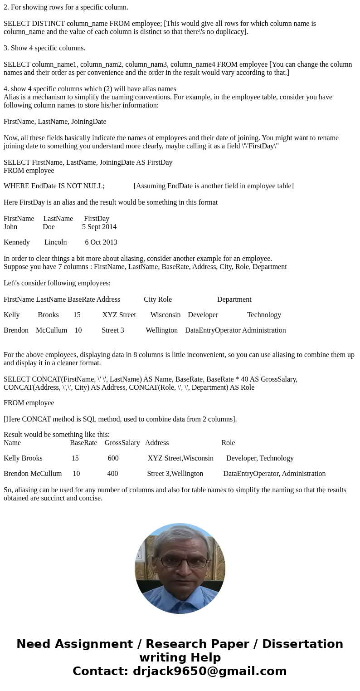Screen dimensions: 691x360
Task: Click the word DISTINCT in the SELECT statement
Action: (x=48, y=23)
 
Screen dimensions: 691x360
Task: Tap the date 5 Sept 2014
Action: (x=99, y=226)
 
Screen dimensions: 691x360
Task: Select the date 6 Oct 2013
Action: (x=101, y=242)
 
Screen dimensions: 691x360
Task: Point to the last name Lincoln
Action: (x=55, y=242)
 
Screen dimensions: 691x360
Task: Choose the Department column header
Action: (x=234, y=299)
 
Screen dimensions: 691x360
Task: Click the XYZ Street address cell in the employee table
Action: (x=119, y=314)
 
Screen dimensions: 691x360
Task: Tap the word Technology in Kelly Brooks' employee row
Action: (x=264, y=314)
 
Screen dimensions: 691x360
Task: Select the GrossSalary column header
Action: (x=122, y=442)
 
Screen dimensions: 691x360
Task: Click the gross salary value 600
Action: (x=113, y=458)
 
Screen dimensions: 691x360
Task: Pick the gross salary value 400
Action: (x=112, y=473)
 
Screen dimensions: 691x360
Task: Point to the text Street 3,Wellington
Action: (x=175, y=473)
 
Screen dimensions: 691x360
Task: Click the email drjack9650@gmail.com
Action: (x=209, y=671)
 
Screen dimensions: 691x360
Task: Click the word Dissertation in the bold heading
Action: (x=302, y=644)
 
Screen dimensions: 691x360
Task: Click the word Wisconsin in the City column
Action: (x=165, y=314)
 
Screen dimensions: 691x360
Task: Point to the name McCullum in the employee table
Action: (x=51, y=330)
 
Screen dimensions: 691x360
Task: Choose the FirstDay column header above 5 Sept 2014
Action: (x=97, y=218)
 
